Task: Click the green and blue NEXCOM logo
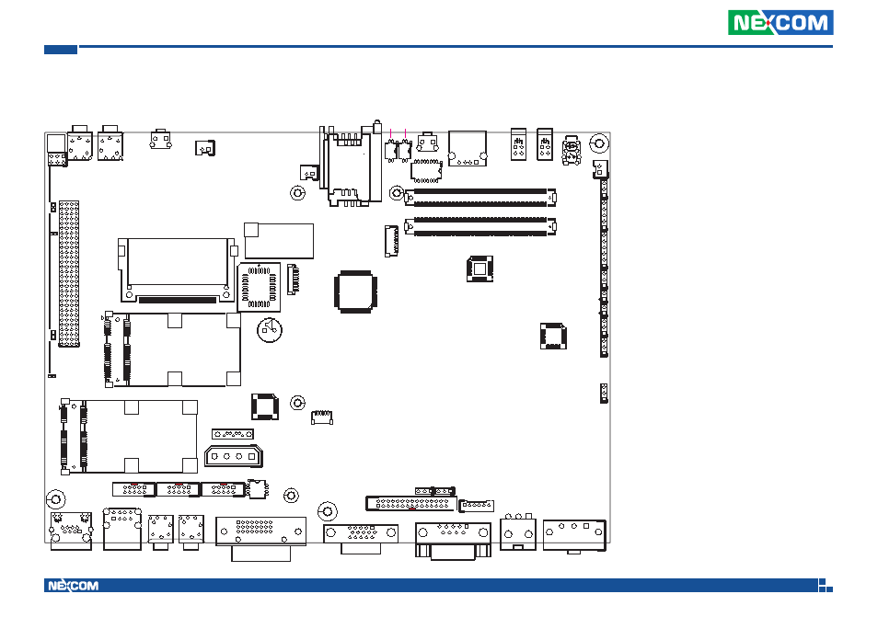click(780, 23)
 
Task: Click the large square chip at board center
click(355, 291)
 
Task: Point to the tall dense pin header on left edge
click(69, 274)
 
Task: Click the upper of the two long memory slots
click(481, 196)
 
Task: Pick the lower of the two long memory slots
click(481, 225)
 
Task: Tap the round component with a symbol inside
click(269, 331)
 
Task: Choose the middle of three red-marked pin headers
click(178, 489)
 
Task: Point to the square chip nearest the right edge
click(551, 336)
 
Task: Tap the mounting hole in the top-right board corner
click(597, 143)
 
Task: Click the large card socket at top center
click(350, 166)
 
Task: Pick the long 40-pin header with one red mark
click(411, 503)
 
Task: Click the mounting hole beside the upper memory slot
click(397, 194)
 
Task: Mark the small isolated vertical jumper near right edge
click(603, 393)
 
